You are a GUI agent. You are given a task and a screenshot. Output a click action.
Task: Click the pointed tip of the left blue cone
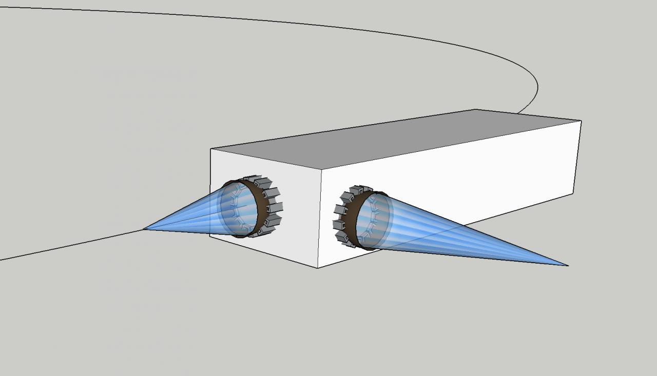click(x=144, y=229)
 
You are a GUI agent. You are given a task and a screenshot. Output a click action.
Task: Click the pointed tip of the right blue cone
click(x=567, y=265)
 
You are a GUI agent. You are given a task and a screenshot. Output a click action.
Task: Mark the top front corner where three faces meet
click(x=321, y=169)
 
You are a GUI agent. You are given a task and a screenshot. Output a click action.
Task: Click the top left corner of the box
click(x=211, y=149)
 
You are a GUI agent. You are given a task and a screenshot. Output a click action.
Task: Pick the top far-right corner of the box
click(x=581, y=121)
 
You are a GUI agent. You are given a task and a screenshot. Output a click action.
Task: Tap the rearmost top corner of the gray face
click(x=475, y=109)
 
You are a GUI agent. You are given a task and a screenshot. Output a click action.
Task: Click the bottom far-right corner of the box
click(x=573, y=194)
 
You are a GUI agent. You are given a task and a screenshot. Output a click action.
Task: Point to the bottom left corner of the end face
click(x=211, y=235)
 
